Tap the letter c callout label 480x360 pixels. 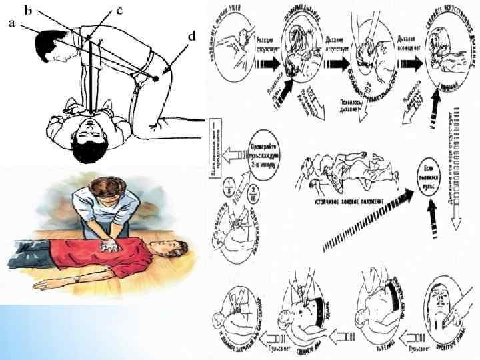click(x=119, y=10)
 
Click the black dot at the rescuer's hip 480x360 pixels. click(x=156, y=78)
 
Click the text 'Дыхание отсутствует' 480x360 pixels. click(x=335, y=46)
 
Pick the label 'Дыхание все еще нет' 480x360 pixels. click(x=407, y=46)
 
